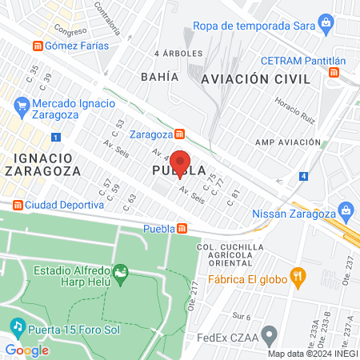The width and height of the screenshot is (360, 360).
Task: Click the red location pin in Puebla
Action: click(181, 164)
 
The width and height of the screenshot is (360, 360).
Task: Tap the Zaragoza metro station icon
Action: click(182, 134)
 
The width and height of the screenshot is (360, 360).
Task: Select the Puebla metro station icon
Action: click(182, 229)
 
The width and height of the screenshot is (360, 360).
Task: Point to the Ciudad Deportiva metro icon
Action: click(17, 205)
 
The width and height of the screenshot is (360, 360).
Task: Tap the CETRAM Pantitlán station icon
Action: click(334, 73)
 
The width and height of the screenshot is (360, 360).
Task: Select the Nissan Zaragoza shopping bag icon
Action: click(346, 212)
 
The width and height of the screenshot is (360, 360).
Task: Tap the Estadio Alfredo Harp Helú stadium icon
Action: click(121, 274)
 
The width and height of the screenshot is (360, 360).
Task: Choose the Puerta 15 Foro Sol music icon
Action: click(17, 327)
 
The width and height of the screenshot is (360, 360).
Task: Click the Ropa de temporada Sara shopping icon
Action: click(326, 25)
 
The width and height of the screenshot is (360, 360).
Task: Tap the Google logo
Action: click(26, 349)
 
